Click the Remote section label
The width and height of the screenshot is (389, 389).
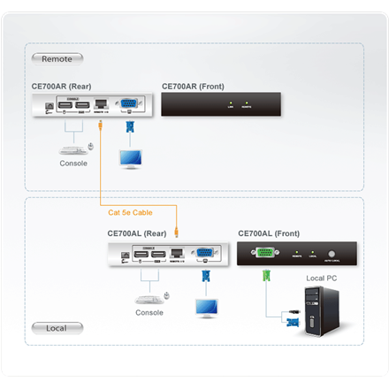point(57,58)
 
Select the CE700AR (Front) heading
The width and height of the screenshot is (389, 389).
point(193,87)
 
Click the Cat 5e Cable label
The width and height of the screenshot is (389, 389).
point(131,211)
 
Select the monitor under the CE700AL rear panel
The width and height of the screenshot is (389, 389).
point(210,308)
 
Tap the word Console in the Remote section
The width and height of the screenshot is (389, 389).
point(73,164)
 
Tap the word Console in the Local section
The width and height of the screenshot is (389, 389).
point(149,312)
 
